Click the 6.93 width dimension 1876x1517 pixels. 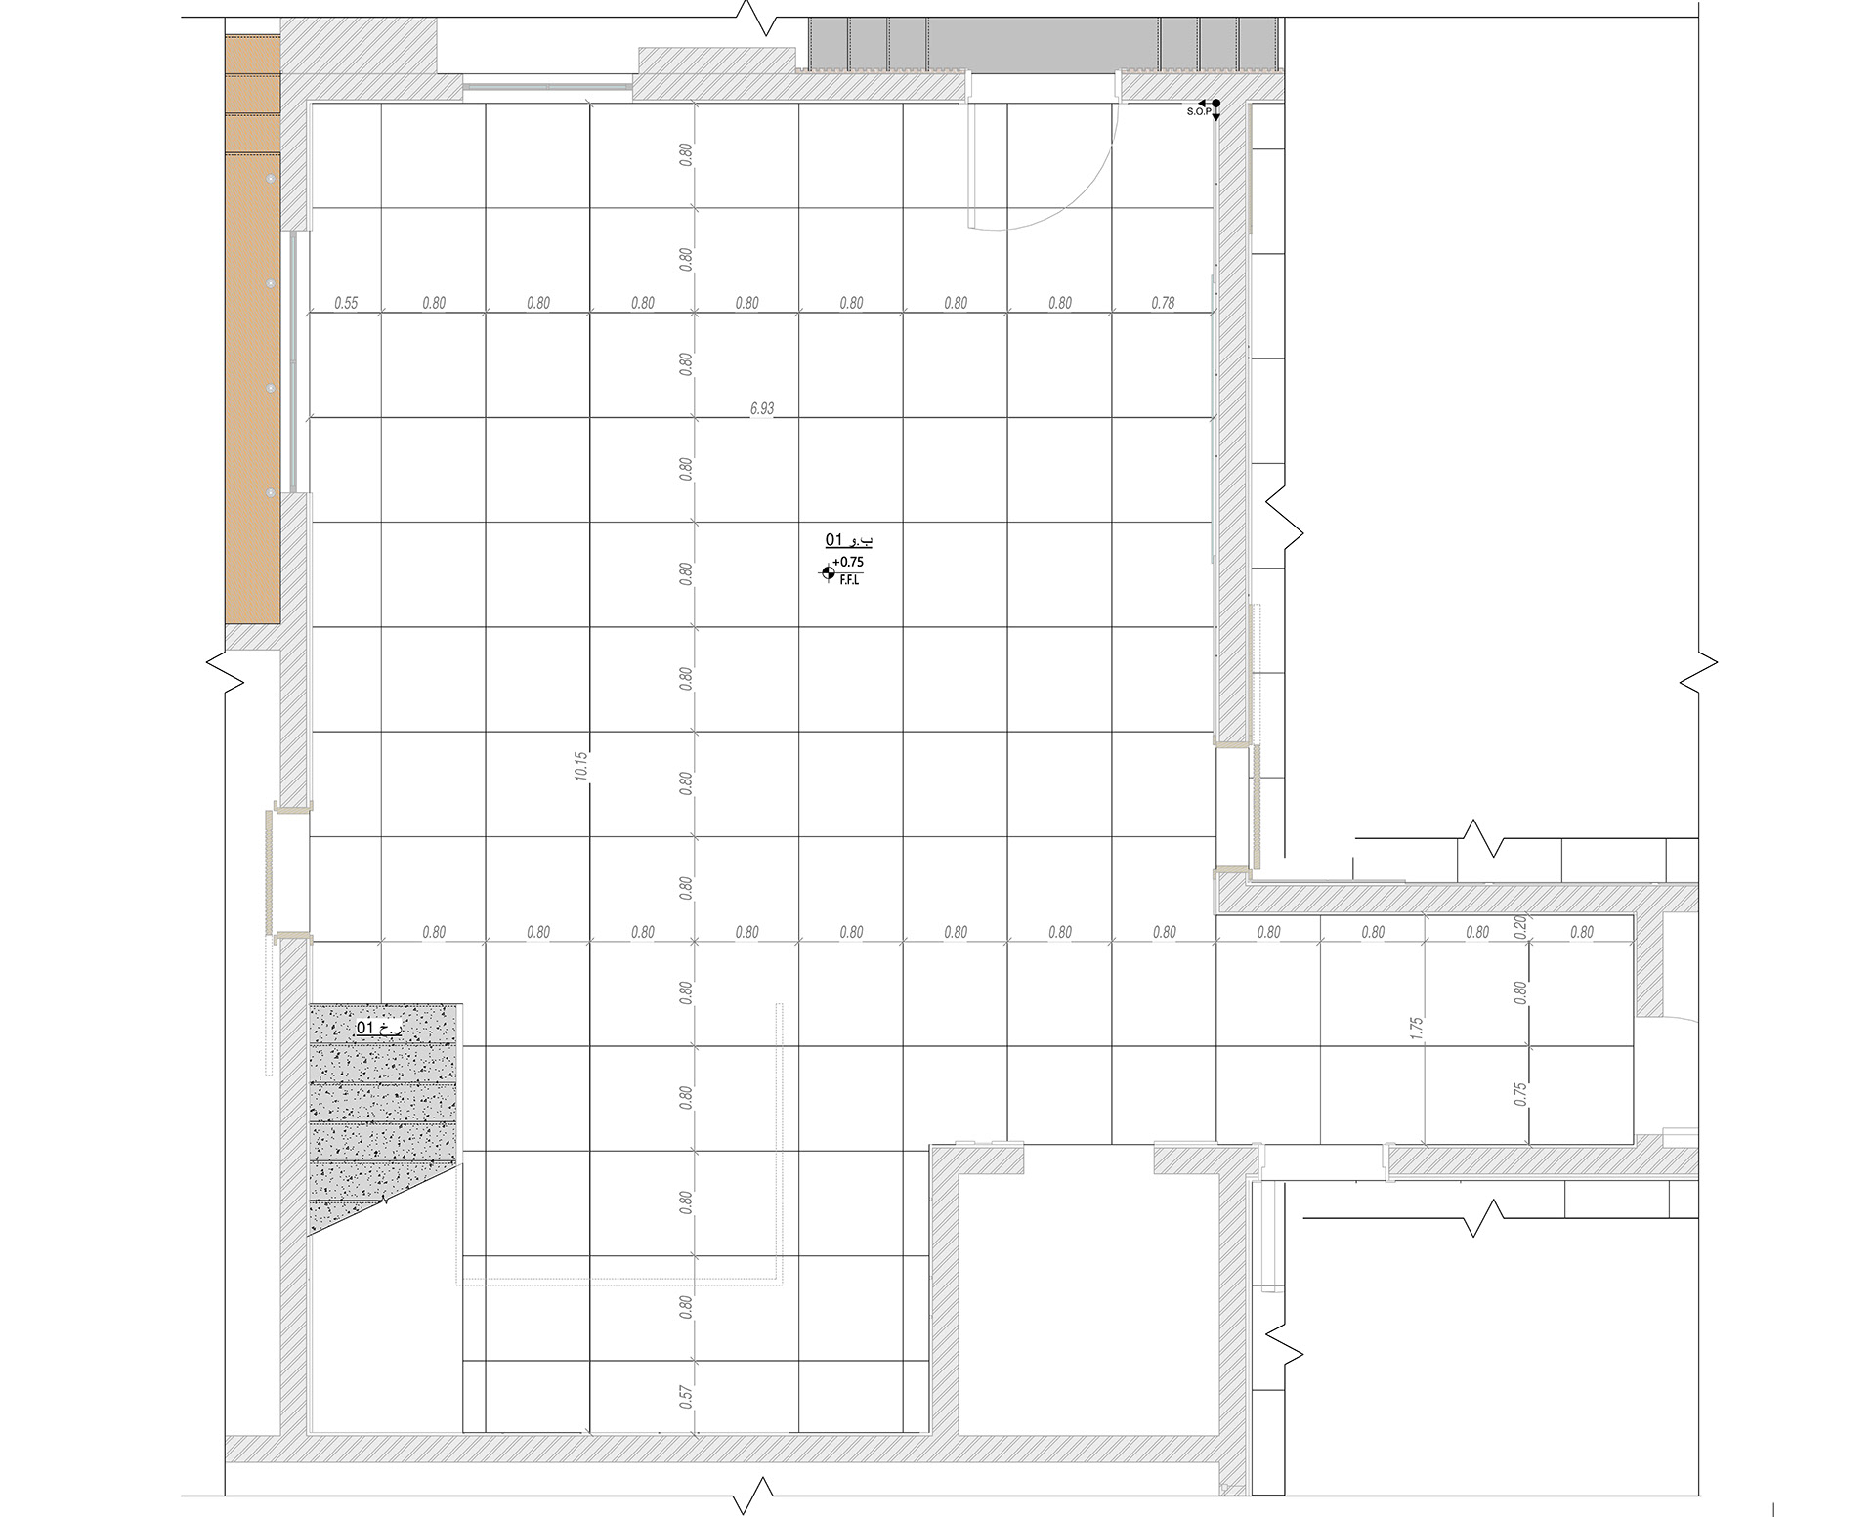point(762,409)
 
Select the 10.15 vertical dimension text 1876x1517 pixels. point(582,765)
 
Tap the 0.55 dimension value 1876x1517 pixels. point(346,304)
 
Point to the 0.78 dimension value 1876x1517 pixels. point(1163,304)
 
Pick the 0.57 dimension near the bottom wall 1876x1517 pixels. point(686,1397)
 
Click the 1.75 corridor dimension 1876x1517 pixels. point(1417,1029)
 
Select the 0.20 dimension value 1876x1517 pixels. point(1519,925)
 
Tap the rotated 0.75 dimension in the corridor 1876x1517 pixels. point(1520,1094)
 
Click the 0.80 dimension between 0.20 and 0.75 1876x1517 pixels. point(1520,992)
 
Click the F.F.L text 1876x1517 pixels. point(849,579)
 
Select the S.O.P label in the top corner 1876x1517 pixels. point(1198,112)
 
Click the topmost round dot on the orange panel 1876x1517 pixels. point(271,180)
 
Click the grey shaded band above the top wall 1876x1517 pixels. point(1043,43)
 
